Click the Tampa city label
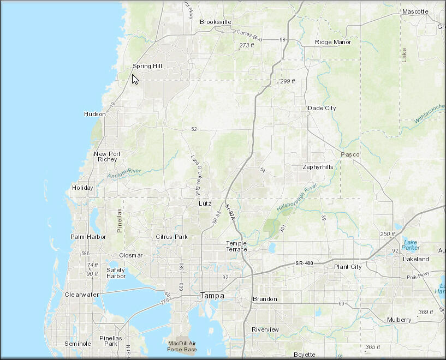[212, 295]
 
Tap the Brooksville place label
[216, 22]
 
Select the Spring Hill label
[147, 66]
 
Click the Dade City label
[322, 108]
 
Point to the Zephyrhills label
[318, 167]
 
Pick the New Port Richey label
[107, 157]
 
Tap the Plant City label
[348, 267]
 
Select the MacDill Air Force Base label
[182, 346]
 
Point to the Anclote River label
[124, 173]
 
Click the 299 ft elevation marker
[287, 81]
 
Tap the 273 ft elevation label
[247, 45]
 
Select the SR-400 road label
[304, 263]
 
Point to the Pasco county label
[350, 154]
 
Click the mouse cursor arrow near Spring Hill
[135, 79]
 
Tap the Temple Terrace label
[236, 246]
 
